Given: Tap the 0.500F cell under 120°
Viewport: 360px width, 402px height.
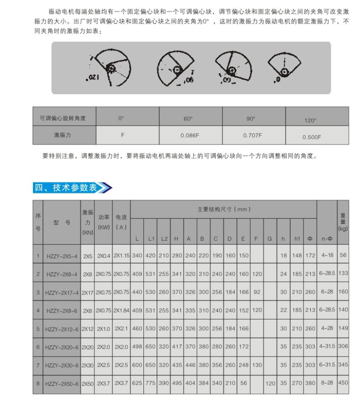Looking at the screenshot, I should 312,135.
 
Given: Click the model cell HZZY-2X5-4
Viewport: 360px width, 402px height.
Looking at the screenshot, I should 61,255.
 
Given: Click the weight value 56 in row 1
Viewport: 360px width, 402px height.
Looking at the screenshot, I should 343,255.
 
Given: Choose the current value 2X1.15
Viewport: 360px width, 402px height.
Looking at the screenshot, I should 121,255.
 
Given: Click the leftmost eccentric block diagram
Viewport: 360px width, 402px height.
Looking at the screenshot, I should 109,68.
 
